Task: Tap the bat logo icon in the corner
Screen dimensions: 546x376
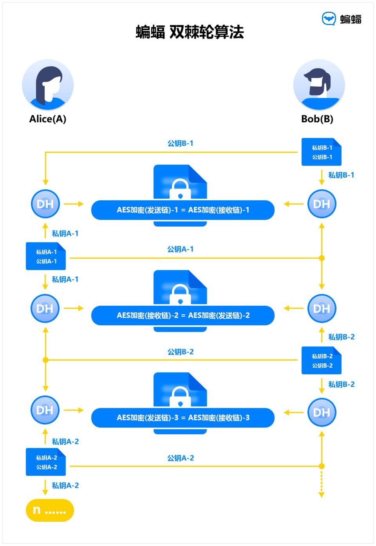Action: click(329, 18)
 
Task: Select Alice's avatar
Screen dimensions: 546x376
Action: click(48, 85)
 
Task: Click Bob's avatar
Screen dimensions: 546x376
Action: click(319, 85)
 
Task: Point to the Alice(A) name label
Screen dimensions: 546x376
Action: click(48, 119)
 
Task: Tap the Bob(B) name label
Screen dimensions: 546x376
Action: click(317, 119)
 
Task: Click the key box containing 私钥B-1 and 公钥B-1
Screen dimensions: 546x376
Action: click(322, 152)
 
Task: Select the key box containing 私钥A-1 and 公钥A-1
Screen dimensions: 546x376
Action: click(46, 256)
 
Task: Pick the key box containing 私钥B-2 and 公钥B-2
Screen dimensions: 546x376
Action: click(322, 361)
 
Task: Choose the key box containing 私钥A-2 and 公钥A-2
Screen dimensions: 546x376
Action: click(46, 462)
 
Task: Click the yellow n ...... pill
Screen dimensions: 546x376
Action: click(50, 510)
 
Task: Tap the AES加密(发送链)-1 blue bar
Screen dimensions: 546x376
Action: click(183, 210)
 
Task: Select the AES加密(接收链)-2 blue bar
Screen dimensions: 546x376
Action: click(183, 316)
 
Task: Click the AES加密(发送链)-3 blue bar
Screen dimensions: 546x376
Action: click(183, 418)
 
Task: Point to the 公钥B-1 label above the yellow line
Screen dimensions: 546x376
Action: click(180, 143)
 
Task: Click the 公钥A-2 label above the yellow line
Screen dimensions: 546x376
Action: click(180, 458)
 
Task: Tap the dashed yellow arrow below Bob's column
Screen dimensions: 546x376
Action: click(322, 484)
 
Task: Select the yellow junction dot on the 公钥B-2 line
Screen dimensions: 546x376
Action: click(45, 360)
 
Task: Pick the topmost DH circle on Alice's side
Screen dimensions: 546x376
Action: click(45, 204)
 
